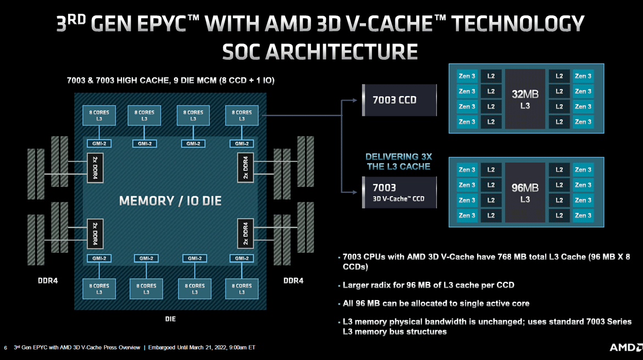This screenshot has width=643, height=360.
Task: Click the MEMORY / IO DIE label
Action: coord(170,201)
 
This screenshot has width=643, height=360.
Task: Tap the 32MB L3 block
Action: coord(525,99)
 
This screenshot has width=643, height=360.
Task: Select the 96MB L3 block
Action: coord(525,192)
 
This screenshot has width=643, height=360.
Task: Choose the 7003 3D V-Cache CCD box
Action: coord(400,192)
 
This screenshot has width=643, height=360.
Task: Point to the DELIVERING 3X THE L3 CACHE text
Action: coord(398,162)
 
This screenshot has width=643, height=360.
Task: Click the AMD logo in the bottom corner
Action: coord(625,347)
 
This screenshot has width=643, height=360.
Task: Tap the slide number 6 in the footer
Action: coord(5,347)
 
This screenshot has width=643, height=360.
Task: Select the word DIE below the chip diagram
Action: coord(170,319)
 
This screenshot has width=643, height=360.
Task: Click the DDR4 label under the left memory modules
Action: coord(48,281)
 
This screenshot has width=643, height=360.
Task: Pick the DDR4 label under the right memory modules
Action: coord(293,281)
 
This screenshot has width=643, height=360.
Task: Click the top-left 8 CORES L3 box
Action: coord(99,115)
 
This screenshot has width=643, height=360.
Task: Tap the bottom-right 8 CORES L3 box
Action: coord(242,289)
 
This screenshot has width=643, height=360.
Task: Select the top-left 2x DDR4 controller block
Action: coord(95,168)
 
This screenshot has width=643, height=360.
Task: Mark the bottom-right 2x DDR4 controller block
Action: coord(245,234)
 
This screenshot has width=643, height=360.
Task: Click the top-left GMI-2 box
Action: coord(99,143)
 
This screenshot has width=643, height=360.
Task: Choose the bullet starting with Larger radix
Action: coord(429,285)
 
